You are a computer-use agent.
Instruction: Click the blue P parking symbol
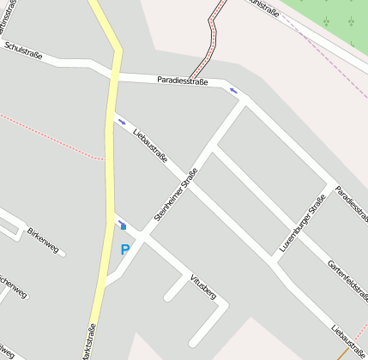pos(125,250)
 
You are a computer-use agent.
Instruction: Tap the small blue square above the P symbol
pos(123,226)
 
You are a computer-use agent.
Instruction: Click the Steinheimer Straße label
pos(176,195)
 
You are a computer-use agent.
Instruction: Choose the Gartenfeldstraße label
pos(347,281)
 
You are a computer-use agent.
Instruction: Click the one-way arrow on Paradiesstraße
pos(233,90)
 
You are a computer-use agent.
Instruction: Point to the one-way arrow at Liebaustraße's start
pos(121,121)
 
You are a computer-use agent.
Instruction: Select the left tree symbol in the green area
pos(327,21)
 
